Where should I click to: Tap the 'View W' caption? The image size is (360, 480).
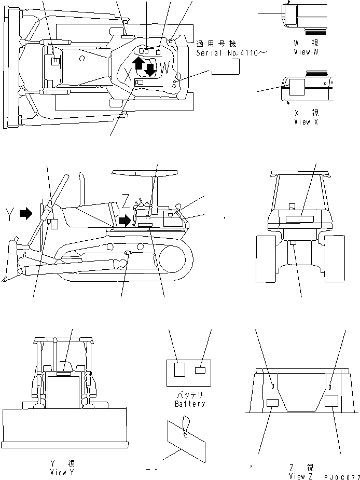309,52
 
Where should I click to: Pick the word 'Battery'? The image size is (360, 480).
190,403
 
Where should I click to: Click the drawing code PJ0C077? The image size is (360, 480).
341,475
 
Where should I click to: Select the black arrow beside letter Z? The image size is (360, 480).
124,222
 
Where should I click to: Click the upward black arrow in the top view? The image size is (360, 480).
139,63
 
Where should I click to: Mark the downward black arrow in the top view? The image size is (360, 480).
150,69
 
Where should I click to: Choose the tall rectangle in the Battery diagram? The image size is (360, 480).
179,369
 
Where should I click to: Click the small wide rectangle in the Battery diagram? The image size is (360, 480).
200,371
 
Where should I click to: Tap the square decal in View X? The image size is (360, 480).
298,87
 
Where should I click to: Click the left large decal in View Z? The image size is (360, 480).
272,403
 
